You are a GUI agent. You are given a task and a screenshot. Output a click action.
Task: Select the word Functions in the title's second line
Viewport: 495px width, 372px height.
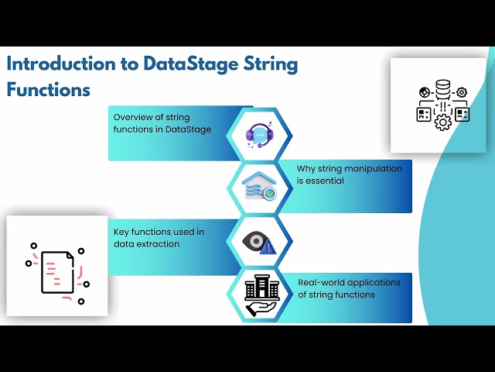pos(49,89)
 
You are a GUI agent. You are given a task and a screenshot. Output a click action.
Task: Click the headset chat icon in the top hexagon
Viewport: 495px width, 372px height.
pos(259,134)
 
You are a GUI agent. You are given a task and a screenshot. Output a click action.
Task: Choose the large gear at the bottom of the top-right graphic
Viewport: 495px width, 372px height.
pos(442,122)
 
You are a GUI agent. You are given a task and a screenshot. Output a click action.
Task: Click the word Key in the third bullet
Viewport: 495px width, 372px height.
pos(121,232)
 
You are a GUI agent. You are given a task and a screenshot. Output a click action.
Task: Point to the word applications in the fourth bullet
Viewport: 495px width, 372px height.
pos(375,282)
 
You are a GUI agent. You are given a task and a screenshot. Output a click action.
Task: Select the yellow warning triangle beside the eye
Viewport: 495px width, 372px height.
pos(268,247)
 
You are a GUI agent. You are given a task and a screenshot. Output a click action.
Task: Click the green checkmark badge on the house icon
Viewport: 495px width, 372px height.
pos(269,194)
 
